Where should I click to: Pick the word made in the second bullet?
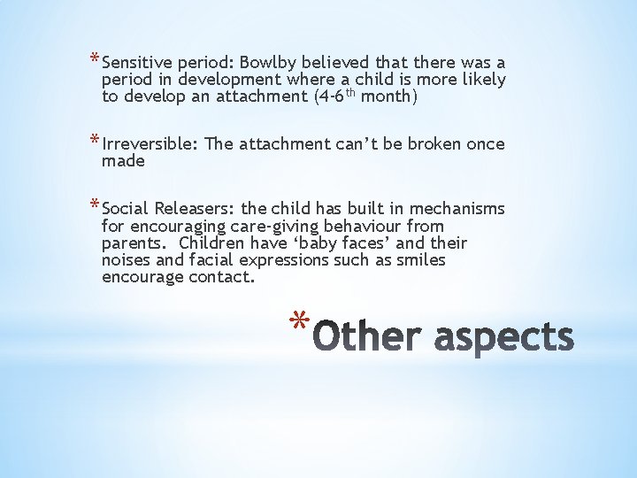[x=123, y=161]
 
